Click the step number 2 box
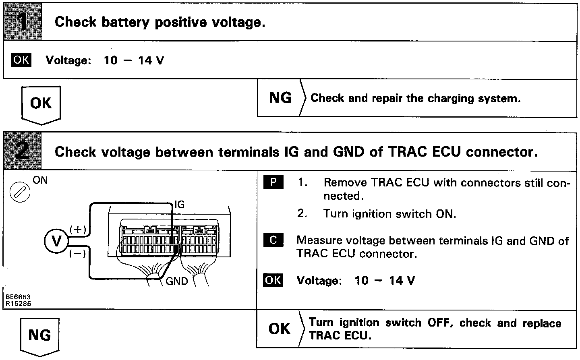23,151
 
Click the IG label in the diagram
179,205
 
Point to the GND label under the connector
177,281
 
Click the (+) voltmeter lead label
78,230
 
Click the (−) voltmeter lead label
77,254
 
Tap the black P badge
273,182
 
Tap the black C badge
273,240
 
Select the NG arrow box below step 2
39,335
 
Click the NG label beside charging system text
280,98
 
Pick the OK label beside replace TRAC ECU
279,329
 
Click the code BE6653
18,297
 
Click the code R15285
18,304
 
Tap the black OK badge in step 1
21,60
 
